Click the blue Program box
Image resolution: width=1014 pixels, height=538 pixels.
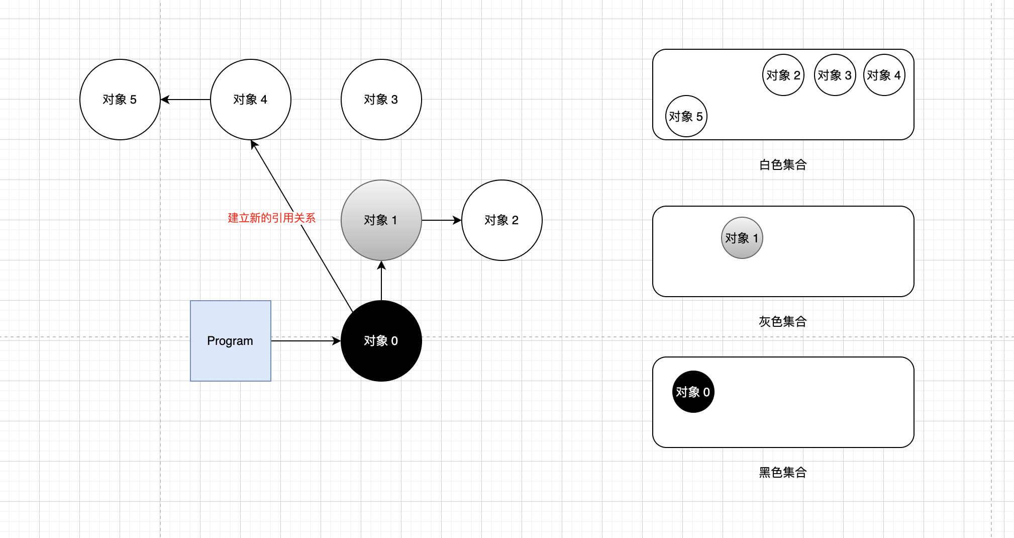coord(230,341)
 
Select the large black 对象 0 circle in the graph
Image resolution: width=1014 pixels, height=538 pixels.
coord(381,341)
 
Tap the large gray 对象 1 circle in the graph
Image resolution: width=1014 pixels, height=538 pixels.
coord(381,220)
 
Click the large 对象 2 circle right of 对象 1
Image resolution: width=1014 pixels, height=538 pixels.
coord(501,220)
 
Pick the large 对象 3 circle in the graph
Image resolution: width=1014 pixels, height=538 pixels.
coord(381,100)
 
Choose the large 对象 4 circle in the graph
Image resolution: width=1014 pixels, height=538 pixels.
coord(250,100)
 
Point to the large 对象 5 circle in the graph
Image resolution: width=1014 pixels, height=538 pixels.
coord(120,100)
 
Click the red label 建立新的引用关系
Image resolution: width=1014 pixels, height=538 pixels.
coord(271,218)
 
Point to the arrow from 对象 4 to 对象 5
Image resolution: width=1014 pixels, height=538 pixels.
coord(185,100)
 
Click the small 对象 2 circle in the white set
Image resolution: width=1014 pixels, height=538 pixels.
coord(783,75)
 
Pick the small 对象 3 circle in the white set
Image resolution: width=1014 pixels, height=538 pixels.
coord(835,75)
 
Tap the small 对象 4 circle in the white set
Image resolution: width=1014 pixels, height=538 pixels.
coord(884,75)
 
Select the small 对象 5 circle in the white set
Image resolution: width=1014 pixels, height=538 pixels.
coord(686,116)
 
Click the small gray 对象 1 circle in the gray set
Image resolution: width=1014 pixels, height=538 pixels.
coord(742,238)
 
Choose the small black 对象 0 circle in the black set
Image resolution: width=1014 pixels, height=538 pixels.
coord(693,392)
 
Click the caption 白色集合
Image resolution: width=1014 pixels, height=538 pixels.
coord(783,164)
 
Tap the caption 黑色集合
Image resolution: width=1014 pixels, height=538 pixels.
coord(783,472)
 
